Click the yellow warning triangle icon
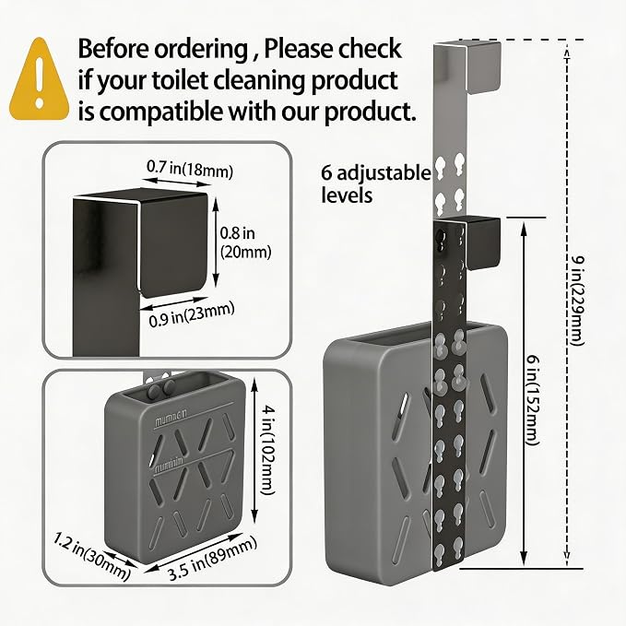(39, 80)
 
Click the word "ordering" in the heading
(201, 50)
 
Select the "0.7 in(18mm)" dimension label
(190, 169)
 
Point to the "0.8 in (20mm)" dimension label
(245, 242)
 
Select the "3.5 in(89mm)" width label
(213, 559)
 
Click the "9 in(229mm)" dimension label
(576, 301)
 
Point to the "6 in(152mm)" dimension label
(531, 400)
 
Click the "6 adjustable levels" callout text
(376, 184)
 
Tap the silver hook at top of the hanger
(467, 67)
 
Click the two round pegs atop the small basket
(160, 388)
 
